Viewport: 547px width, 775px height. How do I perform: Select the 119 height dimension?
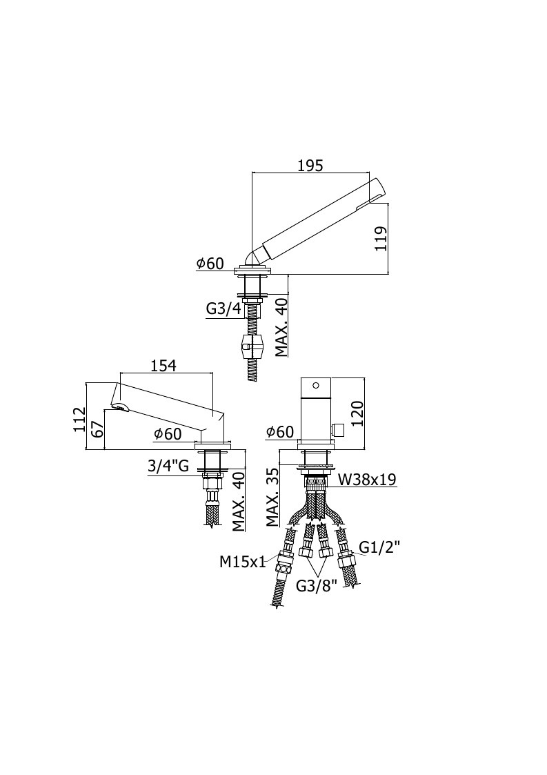point(381,239)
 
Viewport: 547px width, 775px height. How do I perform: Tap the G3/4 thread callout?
point(223,309)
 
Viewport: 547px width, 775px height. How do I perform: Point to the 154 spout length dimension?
point(163,365)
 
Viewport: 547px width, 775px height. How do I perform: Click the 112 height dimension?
point(79,420)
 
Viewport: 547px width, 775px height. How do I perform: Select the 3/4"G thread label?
point(168,465)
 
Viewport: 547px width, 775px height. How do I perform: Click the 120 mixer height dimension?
point(357,413)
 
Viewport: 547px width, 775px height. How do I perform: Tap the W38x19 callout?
point(367,479)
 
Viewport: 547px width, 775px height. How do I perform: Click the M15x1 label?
point(243,561)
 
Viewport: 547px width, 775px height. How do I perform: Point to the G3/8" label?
point(316,586)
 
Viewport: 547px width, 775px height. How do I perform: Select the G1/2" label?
point(379,547)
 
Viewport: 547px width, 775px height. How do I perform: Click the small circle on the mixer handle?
point(316,384)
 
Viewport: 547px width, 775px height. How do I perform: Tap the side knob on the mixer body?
point(339,430)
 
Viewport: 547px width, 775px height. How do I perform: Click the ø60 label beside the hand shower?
point(210,264)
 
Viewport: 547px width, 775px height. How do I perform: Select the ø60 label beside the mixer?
point(279,432)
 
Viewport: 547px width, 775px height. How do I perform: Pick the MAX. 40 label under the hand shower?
point(282,327)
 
